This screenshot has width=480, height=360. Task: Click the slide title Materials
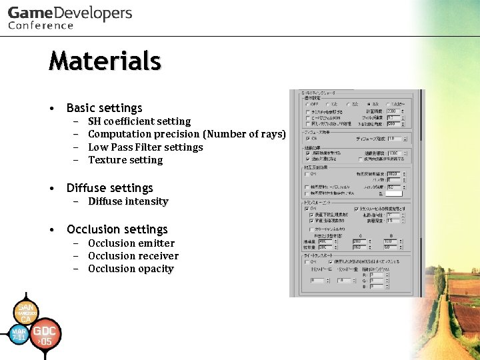(105, 61)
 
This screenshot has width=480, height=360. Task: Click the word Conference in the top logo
(41, 26)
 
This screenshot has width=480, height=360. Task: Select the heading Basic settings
(104, 108)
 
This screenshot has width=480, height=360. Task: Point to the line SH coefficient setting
(139, 121)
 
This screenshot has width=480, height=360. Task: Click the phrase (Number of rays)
(245, 134)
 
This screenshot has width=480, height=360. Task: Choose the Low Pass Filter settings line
(145, 147)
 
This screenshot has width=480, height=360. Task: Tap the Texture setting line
(125, 160)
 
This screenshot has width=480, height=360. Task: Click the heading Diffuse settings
(109, 188)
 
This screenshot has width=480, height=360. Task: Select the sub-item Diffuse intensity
(128, 201)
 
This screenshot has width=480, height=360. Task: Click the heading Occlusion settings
(117, 229)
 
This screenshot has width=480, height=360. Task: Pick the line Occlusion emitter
(131, 243)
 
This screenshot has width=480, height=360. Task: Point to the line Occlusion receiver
(133, 256)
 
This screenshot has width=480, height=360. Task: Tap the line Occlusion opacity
(131, 269)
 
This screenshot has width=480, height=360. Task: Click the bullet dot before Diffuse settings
(51, 188)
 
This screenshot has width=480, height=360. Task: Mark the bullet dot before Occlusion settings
(51, 229)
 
